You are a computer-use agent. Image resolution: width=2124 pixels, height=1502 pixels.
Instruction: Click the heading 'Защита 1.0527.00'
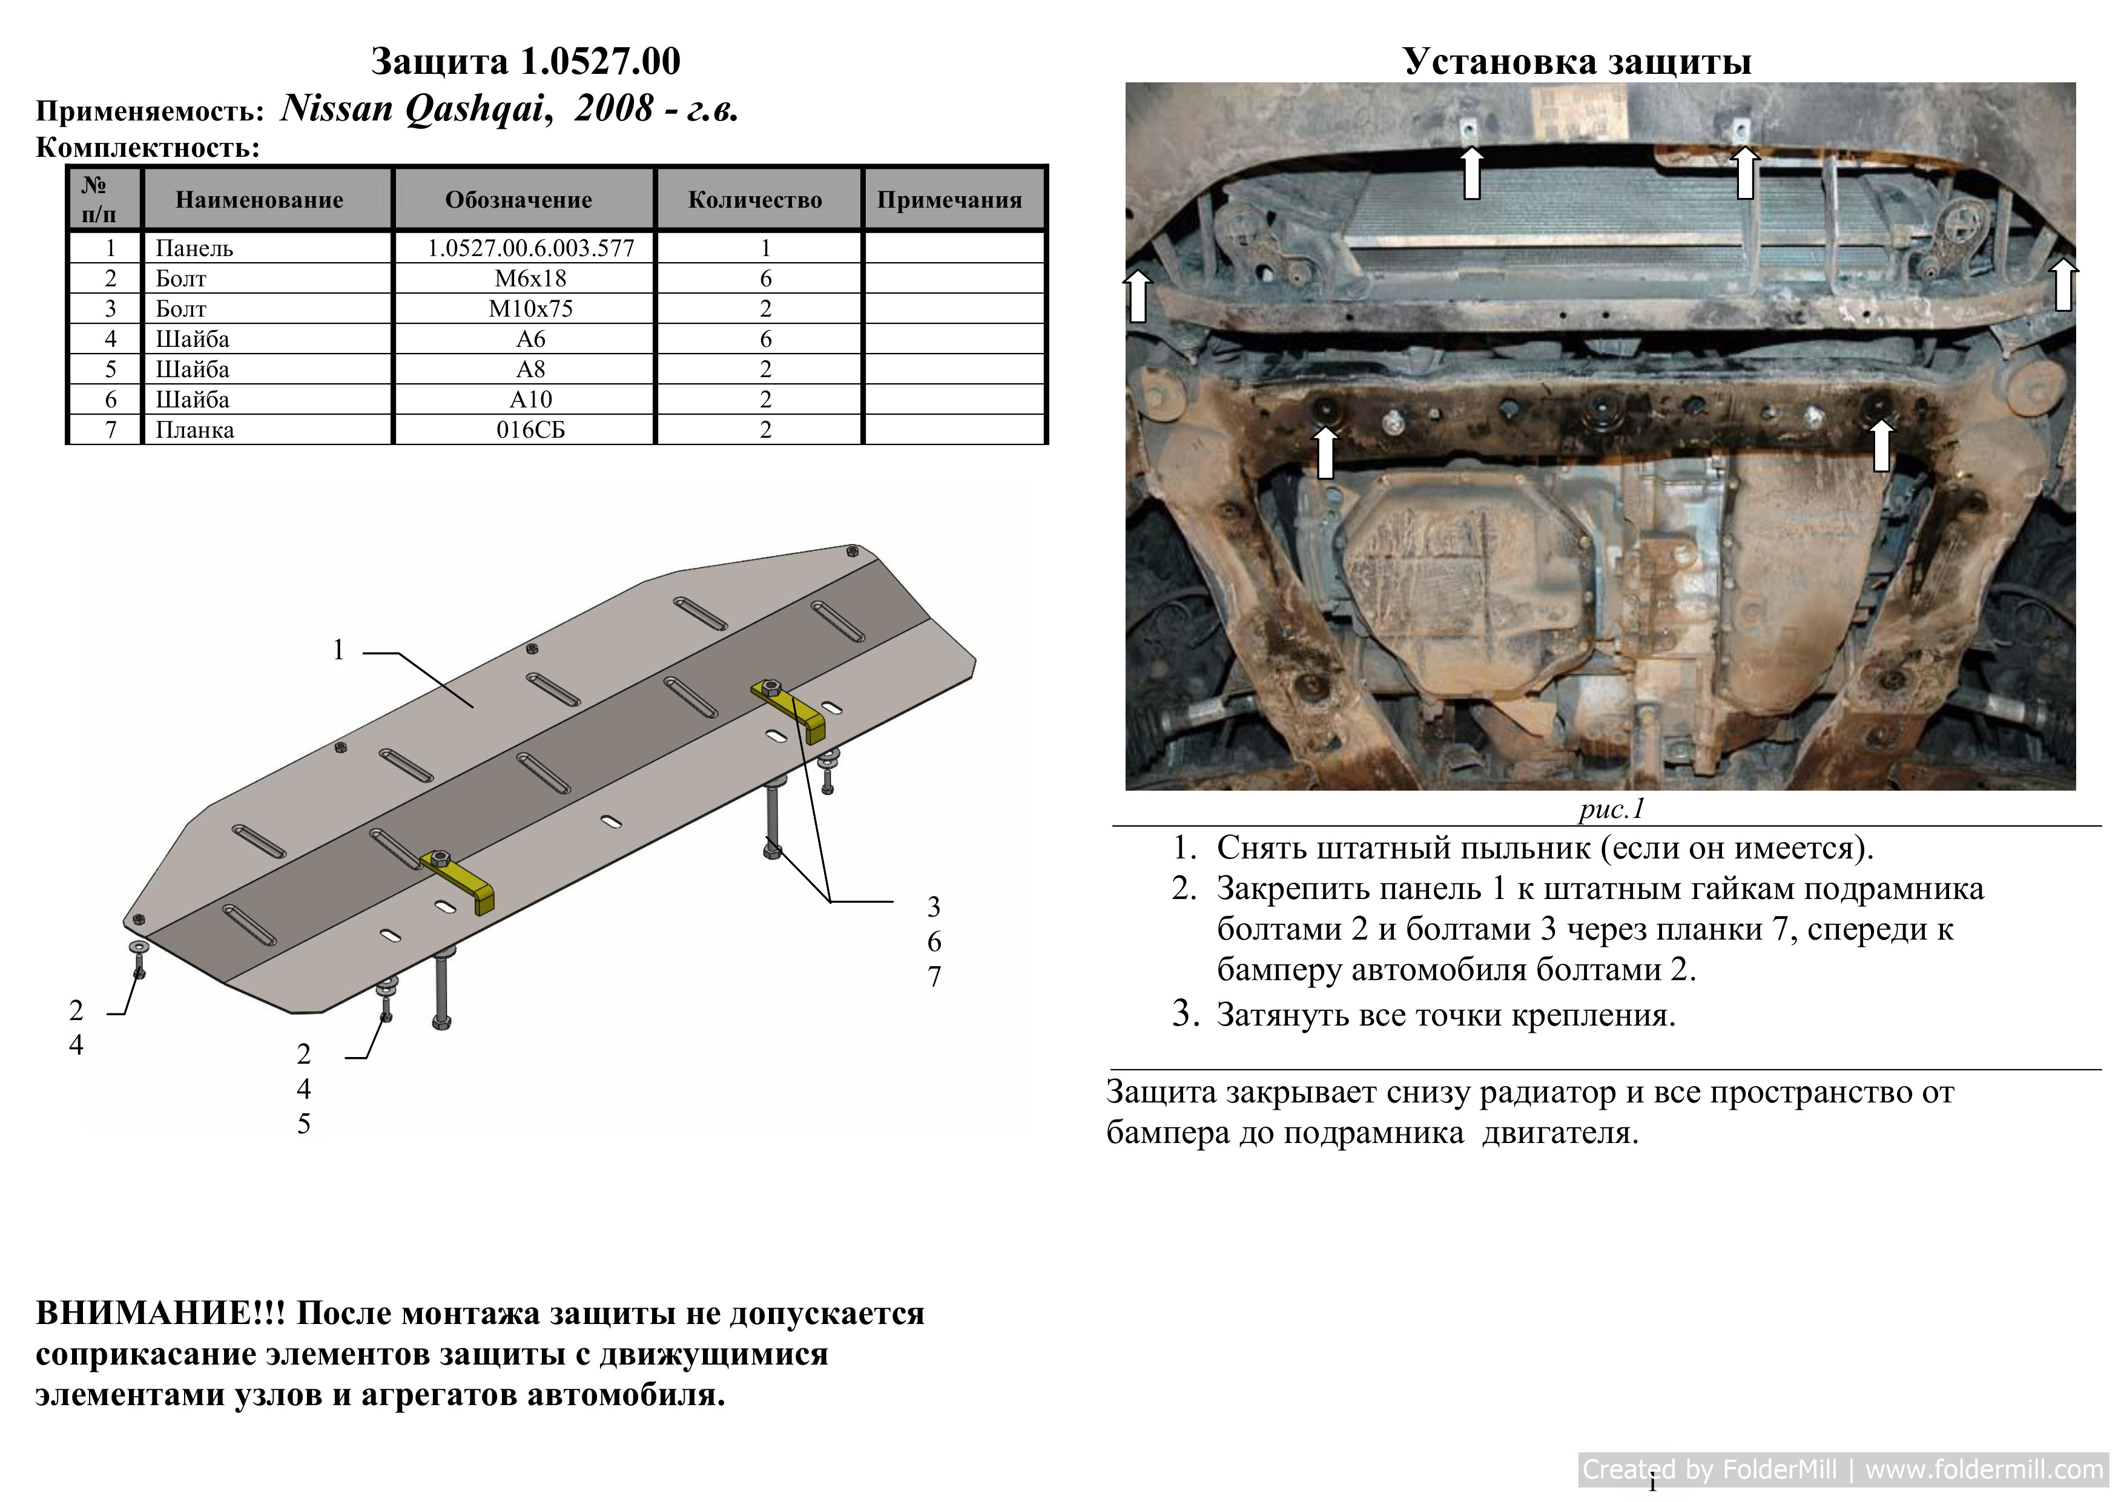526,61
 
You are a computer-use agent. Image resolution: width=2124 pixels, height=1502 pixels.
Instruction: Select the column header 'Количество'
755,200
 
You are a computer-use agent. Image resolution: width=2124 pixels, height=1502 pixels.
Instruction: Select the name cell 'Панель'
194,248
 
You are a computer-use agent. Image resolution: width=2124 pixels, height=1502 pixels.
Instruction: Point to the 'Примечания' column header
949,200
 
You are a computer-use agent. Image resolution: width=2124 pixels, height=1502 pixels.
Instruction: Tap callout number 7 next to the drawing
934,976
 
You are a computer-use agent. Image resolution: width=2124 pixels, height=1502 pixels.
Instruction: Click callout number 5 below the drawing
303,1123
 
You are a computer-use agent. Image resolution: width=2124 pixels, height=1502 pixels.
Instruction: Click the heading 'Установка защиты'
1577,61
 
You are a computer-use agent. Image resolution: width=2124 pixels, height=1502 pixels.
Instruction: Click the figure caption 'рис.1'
1612,809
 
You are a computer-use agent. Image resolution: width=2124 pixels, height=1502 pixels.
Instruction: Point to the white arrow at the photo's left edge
1138,295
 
